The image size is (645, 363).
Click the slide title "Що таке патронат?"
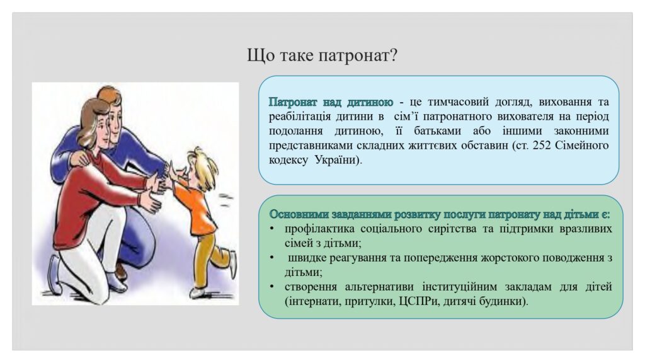click(x=322, y=55)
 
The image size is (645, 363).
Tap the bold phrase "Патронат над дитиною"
click(x=331, y=101)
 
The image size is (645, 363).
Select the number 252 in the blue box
click(x=541, y=146)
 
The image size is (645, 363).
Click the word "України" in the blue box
click(x=338, y=159)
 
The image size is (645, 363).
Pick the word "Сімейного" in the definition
click(x=581, y=146)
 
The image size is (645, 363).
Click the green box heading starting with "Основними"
click(x=439, y=214)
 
